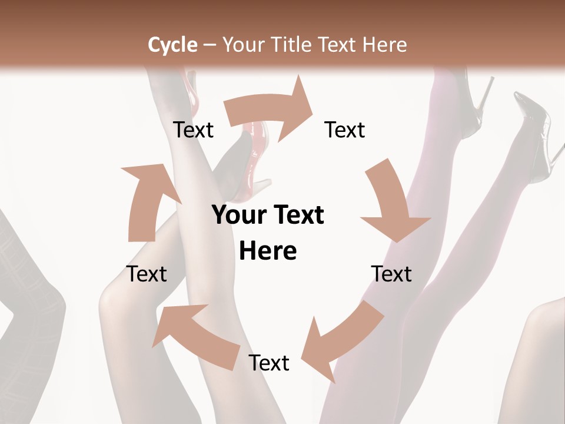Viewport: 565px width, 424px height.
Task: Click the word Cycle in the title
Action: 172,45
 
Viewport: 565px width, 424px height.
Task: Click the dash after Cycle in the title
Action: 210,45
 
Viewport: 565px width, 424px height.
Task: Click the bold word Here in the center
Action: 268,251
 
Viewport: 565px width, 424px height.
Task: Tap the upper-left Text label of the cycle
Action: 194,130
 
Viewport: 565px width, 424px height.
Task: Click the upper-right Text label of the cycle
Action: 345,130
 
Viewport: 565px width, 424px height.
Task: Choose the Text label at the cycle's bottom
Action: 269,363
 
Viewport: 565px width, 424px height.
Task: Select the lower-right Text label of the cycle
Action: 391,274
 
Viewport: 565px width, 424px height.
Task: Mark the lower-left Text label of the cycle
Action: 147,274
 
